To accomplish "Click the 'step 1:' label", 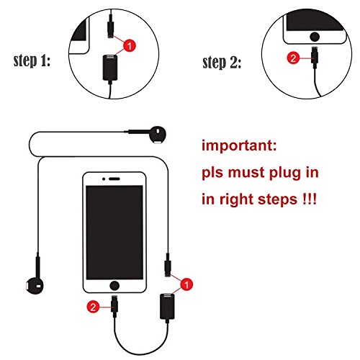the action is [32, 60].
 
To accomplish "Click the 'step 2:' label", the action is [222, 63].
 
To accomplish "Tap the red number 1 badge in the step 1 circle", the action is [130, 46].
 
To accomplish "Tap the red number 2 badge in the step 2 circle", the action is [293, 58].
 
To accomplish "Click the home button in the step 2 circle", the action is [315, 37].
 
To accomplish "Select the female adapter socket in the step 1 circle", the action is [110, 68].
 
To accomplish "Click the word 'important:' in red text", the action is [239, 145].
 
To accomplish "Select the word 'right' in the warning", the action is [236, 199].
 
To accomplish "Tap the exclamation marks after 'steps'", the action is [310, 199].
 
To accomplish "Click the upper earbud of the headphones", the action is [157, 135].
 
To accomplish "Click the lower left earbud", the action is [35, 285].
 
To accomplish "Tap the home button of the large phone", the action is [114, 286].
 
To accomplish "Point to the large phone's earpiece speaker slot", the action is [114, 179].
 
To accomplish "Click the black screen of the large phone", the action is [114, 233].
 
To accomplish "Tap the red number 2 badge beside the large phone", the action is [93, 307].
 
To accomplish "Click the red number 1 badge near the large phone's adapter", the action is [186, 284].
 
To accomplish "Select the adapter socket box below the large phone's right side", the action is [167, 306].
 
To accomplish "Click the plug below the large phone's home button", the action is [114, 305].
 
